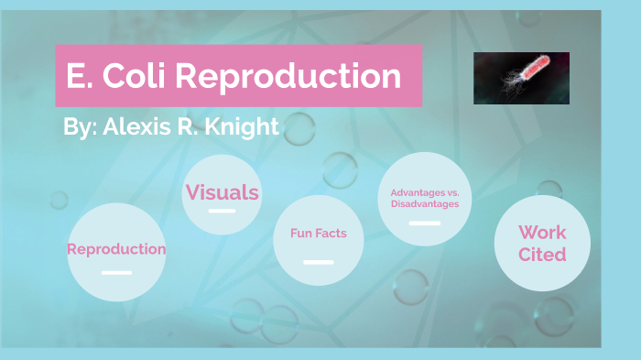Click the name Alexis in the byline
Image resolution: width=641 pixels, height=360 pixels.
pos(129,126)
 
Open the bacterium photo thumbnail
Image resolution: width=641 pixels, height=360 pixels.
pos(521,78)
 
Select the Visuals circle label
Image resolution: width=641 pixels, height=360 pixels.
pos(222,192)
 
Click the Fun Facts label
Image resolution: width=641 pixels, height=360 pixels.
pos(318,234)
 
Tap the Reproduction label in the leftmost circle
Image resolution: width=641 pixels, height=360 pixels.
pos(116,249)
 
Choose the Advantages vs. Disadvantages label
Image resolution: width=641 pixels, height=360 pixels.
pos(424,198)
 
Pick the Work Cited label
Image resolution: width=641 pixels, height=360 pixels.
pos(542,244)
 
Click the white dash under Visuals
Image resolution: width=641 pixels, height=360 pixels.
pos(222,212)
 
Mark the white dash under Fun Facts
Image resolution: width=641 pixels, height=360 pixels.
pos(318,262)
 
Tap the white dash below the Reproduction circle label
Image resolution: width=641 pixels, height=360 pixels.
pos(116,272)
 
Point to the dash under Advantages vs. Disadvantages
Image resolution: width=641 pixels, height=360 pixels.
pos(424,223)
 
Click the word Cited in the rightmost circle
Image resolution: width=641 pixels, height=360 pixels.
pos(542,255)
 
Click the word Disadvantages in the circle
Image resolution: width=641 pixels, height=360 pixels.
pos(424,203)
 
